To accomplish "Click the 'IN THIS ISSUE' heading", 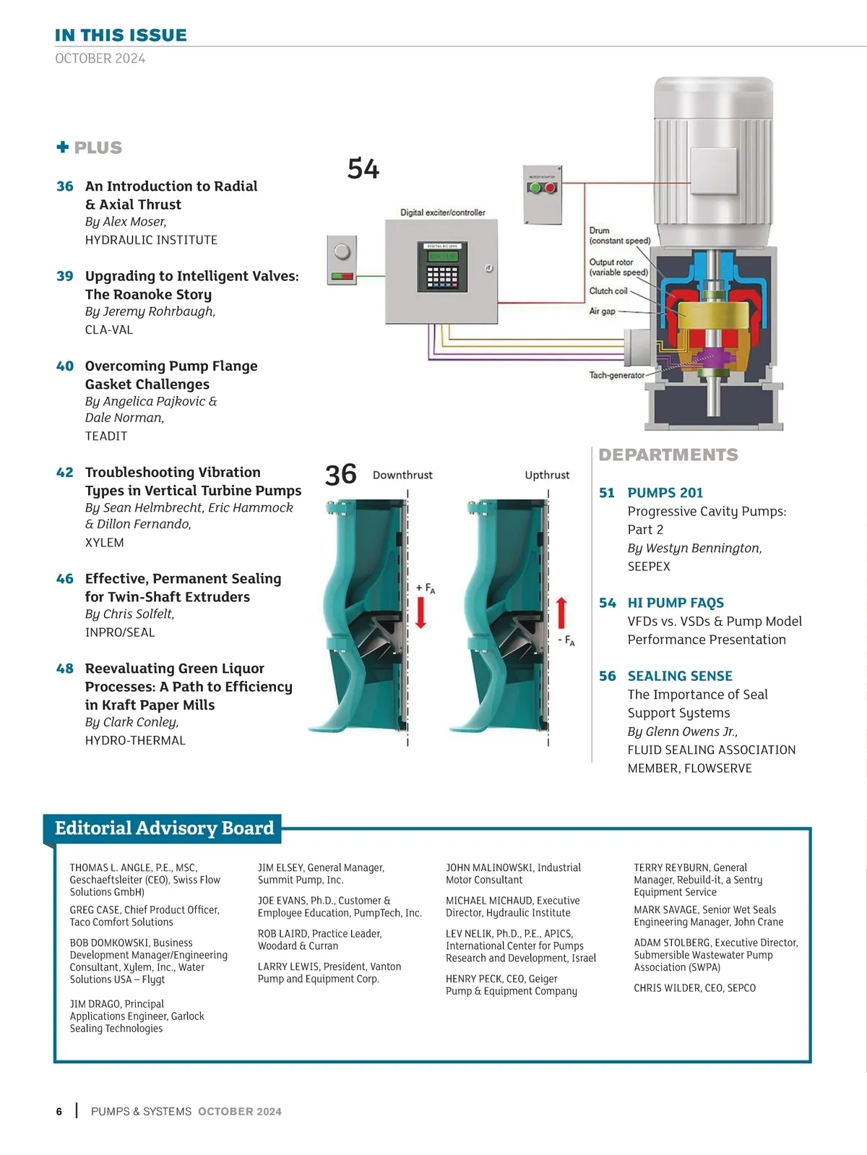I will coord(121,35).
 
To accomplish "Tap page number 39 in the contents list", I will coord(65,276).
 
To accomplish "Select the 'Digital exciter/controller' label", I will coord(443,212).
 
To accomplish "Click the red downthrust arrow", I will coord(421,612).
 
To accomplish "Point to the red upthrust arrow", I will coord(561,613).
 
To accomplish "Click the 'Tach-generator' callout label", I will coord(616,375).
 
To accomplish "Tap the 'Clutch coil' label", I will coord(608,291).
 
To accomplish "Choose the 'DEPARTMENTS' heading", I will coord(668,455).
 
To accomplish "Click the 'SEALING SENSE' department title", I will coord(680,676).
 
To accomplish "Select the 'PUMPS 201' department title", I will coord(665,493).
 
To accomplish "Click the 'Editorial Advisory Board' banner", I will coord(165,828).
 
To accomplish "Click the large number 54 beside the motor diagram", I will coord(363,169).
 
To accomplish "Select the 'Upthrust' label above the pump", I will coord(547,475).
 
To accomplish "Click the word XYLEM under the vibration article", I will coord(105,543).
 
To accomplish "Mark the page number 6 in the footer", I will coord(59,1112).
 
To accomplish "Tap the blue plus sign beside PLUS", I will coord(63,147).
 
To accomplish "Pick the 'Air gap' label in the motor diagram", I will coord(602,312).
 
